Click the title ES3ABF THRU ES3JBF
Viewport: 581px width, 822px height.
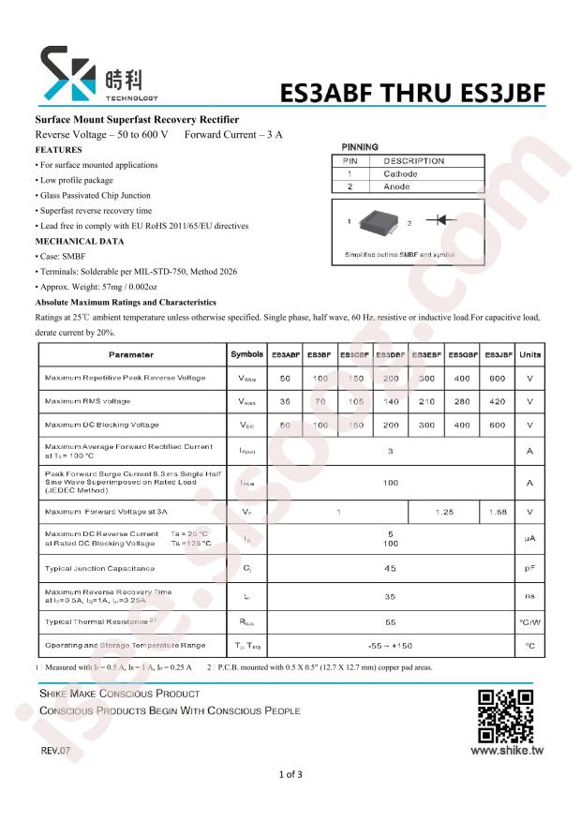412,94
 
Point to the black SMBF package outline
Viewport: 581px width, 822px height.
378,222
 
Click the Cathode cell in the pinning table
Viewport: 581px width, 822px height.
401,173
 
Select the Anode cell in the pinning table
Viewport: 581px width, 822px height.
397,187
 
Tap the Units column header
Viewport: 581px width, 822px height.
530,355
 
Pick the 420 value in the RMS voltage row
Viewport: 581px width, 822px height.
499,401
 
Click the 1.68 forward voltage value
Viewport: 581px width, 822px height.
499,512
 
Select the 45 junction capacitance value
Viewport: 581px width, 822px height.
390,568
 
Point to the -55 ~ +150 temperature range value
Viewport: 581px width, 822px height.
390,646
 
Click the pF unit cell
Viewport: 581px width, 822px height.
530,568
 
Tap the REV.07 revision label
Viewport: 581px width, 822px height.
55,752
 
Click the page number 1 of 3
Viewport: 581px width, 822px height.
290,774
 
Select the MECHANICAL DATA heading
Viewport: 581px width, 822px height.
80,241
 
